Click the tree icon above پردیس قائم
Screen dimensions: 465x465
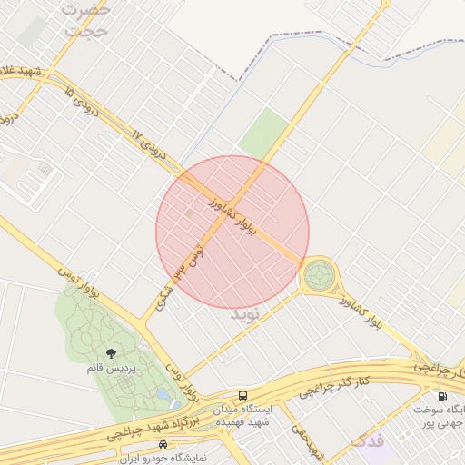tap(111, 353)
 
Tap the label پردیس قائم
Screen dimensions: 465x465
tap(111, 370)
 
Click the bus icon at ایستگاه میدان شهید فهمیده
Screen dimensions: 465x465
tap(242, 395)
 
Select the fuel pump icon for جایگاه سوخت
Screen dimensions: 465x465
tap(442, 396)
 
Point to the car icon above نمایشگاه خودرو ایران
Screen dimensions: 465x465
tap(163, 444)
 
